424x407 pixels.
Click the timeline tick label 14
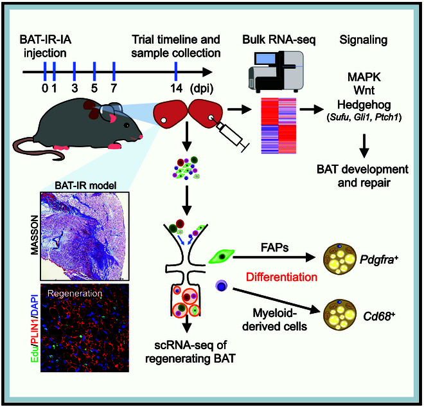[x=176, y=88]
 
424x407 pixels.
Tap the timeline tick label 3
[x=75, y=88]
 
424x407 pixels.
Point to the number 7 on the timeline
[x=114, y=88]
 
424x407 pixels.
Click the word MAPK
[x=364, y=77]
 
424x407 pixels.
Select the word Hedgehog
[x=364, y=104]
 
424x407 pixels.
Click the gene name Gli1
[x=362, y=118]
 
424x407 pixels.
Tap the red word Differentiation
[x=281, y=277]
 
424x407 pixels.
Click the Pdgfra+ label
[x=378, y=260]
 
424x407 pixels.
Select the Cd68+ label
[x=379, y=316]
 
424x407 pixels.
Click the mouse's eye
[x=127, y=125]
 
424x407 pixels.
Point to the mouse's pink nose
[x=141, y=137]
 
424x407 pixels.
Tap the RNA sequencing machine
[x=276, y=71]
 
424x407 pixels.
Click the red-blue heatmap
[x=279, y=126]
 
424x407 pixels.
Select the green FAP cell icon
[x=222, y=257]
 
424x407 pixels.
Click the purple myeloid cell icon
[x=221, y=286]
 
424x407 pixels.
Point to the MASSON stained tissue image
[x=85, y=236]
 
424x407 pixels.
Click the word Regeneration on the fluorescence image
[x=75, y=293]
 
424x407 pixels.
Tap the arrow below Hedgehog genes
[x=364, y=145]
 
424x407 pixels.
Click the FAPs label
[x=274, y=248]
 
